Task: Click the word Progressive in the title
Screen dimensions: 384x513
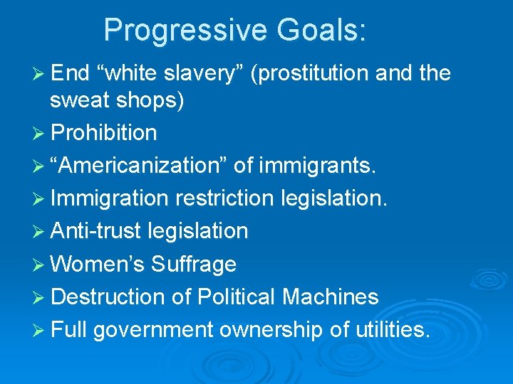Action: click(186, 31)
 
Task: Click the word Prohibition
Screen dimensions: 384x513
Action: click(105, 133)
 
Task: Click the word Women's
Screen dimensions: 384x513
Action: click(96, 264)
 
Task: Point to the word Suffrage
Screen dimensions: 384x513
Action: click(192, 264)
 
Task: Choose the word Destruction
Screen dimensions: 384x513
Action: click(110, 297)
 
